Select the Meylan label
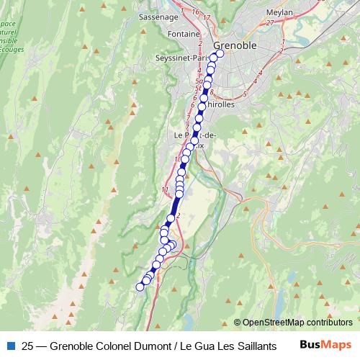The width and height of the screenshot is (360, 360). point(259,12)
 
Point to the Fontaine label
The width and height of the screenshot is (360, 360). point(183,34)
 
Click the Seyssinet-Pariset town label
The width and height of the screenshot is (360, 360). point(177,58)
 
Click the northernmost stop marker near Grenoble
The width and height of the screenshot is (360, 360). point(220,53)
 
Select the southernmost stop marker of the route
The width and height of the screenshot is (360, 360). point(140,287)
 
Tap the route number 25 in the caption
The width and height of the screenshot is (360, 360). point(28,345)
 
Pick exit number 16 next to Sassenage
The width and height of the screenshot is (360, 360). point(195,12)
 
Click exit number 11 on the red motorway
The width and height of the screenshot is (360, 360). point(165,189)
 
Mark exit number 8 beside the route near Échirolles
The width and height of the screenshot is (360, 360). point(212,91)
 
